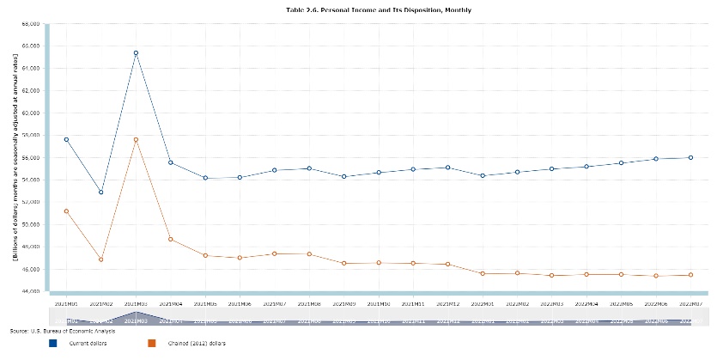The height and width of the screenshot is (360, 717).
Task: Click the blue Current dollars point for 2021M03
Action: click(136, 53)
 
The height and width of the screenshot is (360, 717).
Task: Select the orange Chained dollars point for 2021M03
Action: click(136, 140)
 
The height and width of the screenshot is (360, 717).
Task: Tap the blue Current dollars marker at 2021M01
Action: click(66, 139)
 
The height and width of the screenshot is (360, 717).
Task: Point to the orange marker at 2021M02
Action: click(101, 259)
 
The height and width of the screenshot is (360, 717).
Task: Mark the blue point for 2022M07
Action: click(690, 157)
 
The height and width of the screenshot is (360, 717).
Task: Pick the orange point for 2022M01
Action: click(482, 273)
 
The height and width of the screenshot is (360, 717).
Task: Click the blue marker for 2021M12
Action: click(447, 168)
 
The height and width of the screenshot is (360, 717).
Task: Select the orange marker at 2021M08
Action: click(309, 253)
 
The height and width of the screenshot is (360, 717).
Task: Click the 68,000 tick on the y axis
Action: click(31, 23)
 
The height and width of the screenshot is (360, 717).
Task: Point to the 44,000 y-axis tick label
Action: click(31, 291)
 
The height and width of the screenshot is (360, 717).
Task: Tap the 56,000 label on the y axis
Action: click(31, 157)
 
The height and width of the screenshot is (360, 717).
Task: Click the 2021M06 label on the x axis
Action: click(240, 303)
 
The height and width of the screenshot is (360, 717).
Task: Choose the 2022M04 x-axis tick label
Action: click(586, 303)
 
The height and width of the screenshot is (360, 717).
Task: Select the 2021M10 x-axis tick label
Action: click(378, 303)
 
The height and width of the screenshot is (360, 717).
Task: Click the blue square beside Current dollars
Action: click(53, 343)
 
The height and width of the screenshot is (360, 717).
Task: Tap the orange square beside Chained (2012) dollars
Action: click(152, 343)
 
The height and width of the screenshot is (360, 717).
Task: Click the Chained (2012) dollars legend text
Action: click(194, 343)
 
